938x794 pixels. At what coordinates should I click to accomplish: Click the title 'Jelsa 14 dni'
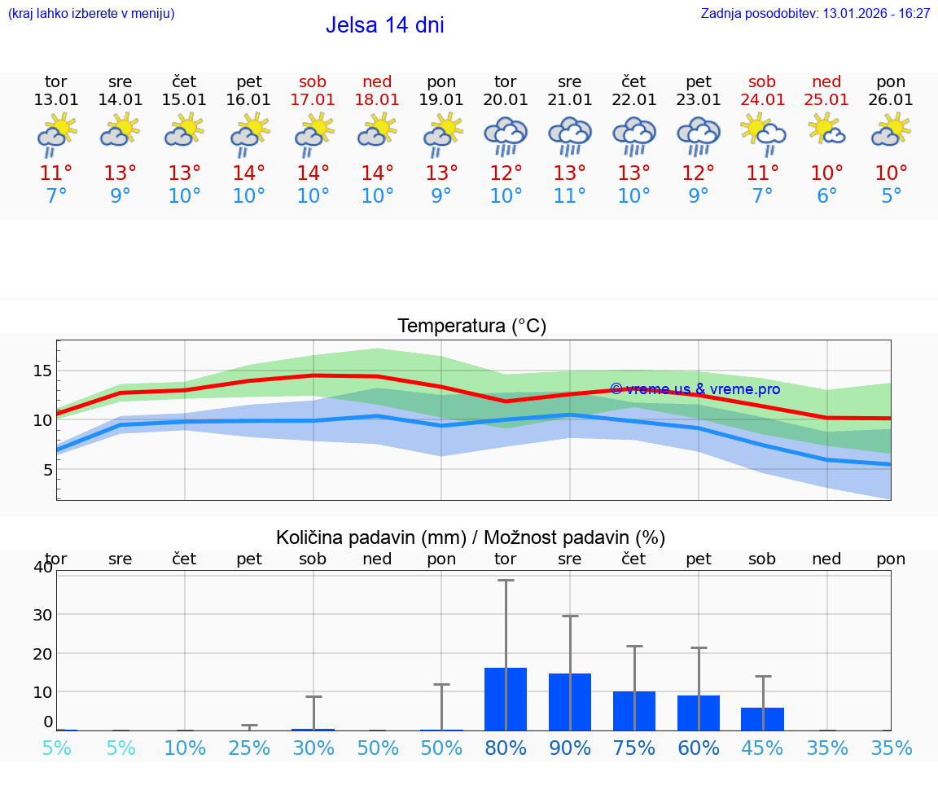click(x=384, y=25)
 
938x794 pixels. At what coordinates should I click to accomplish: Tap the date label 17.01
click(x=313, y=100)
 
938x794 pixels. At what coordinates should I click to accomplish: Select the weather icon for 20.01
click(x=506, y=136)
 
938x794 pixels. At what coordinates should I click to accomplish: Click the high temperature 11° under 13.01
click(x=56, y=173)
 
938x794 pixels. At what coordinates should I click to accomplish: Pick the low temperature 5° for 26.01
click(x=891, y=196)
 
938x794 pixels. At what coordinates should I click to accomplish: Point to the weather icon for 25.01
click(x=826, y=130)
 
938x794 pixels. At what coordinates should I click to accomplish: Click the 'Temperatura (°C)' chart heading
click(x=471, y=327)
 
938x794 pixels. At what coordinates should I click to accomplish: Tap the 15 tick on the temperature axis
click(x=42, y=371)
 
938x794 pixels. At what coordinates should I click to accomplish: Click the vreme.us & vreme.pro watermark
click(x=695, y=389)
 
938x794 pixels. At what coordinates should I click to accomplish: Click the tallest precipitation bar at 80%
click(x=506, y=699)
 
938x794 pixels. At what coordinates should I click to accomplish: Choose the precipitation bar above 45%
click(x=762, y=719)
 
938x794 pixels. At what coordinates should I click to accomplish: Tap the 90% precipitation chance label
click(x=570, y=748)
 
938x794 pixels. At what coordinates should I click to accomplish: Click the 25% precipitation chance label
click(x=249, y=748)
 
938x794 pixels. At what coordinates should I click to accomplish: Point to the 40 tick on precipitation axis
click(x=43, y=567)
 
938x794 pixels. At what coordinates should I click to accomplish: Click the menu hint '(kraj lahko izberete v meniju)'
click(x=91, y=14)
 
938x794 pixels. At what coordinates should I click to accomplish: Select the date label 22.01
click(x=633, y=100)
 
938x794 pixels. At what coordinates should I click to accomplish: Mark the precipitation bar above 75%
click(x=634, y=711)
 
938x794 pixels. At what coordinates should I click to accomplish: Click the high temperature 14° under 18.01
click(x=377, y=173)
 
